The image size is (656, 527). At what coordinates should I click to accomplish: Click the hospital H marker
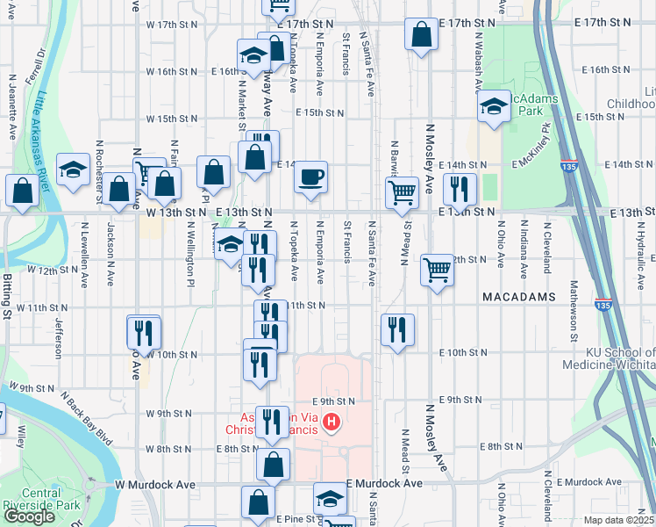[x=332, y=422]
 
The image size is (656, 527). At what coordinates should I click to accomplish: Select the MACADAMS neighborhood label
[x=519, y=298]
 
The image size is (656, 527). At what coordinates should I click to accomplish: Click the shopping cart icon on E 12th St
[x=437, y=270]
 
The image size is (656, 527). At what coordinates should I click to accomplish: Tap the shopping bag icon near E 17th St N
[x=422, y=35]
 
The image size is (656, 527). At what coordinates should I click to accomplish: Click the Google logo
[x=29, y=516]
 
